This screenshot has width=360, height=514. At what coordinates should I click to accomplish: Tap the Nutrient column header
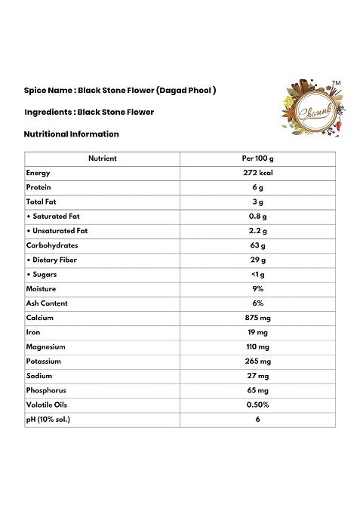pos(103,159)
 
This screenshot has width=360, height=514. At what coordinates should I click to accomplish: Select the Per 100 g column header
pos(257,159)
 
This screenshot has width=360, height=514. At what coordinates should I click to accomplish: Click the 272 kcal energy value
pos(257,173)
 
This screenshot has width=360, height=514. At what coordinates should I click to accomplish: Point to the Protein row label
pos(38,187)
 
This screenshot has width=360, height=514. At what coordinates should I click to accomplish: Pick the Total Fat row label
pos(42,202)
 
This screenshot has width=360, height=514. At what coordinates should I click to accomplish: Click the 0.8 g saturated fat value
pos(257,217)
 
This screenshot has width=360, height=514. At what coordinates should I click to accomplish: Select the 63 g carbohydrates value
pos(257,245)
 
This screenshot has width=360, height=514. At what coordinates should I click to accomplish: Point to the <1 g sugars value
pos(257,275)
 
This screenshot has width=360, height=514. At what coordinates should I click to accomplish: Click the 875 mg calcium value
pos(257,318)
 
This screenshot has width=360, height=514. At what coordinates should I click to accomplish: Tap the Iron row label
pos(33,332)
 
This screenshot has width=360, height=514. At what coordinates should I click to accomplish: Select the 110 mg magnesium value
pos(257,347)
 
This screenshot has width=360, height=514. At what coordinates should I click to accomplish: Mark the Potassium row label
pos(43,362)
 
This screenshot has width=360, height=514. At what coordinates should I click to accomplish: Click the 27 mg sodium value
pos(257,376)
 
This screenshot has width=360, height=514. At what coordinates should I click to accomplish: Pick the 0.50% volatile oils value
pos(257,405)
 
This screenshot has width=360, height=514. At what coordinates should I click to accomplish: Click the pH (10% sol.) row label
pos(48,419)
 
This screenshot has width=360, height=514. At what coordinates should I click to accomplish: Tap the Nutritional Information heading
pos(72,134)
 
